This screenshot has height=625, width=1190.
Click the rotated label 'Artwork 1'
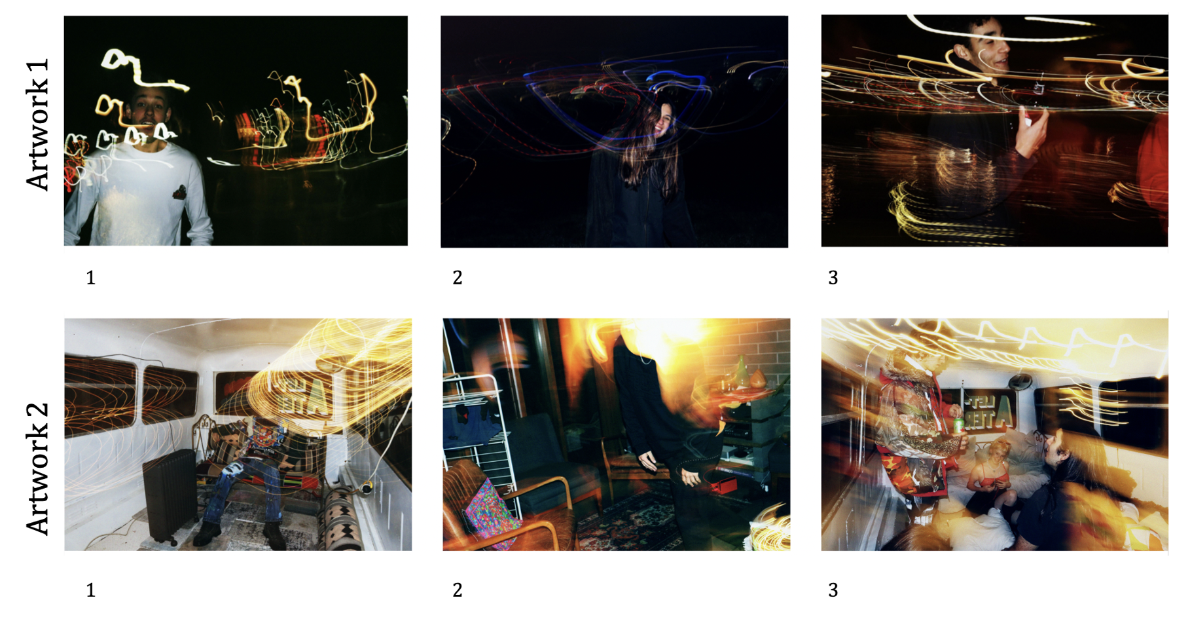pyautogui.click(x=37, y=124)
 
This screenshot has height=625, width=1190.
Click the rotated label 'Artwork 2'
pyautogui.click(x=37, y=468)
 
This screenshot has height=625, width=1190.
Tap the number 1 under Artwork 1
pyautogui.click(x=91, y=278)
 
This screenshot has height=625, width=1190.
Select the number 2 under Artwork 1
pyautogui.click(x=458, y=278)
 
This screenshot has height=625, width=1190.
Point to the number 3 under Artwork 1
pyautogui.click(x=833, y=278)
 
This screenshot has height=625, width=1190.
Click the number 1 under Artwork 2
pyautogui.click(x=91, y=590)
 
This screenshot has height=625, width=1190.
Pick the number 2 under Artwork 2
pyautogui.click(x=458, y=590)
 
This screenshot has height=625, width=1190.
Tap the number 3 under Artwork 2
pyautogui.click(x=833, y=590)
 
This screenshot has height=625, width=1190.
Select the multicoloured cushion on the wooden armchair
pyautogui.click(x=492, y=514)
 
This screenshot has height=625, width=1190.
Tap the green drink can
pyautogui.click(x=958, y=425)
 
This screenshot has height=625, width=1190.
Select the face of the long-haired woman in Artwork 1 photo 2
pyautogui.click(x=662, y=121)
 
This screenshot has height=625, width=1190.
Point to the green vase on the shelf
pyautogui.click(x=741, y=372)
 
